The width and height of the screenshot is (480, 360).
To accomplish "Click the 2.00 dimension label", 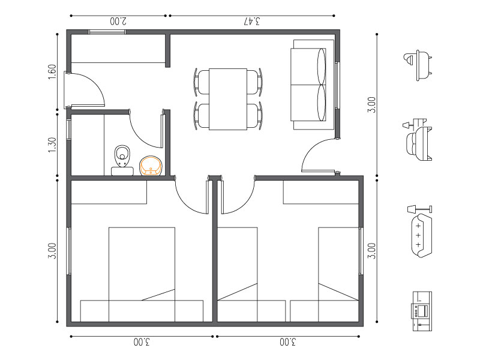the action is pos(118,21).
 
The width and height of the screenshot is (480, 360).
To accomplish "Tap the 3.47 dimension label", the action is pos(252,21).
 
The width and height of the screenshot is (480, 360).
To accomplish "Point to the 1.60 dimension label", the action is pos(52,72).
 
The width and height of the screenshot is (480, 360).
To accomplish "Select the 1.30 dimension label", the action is pos(52,145).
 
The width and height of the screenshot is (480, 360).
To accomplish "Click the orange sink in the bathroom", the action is pos(151,166).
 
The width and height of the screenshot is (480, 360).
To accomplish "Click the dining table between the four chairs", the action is pos(228,99).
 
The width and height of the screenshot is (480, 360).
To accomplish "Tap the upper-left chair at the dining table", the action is pos(202,82).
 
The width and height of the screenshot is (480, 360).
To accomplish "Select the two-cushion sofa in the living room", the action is pos(312,85).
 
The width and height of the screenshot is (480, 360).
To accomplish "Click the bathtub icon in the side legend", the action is pos(418,65).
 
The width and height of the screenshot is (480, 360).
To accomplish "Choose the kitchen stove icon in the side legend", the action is pos(422,311).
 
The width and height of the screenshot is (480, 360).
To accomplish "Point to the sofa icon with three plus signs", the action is pos(422,235).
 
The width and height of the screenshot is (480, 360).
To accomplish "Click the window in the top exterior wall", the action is pos(107,32).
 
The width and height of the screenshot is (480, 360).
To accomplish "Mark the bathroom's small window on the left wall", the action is pos(69,130).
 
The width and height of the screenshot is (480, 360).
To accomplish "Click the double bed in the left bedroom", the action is pos(142,274).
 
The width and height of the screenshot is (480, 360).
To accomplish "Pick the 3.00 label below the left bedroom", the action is pos(142,342).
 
